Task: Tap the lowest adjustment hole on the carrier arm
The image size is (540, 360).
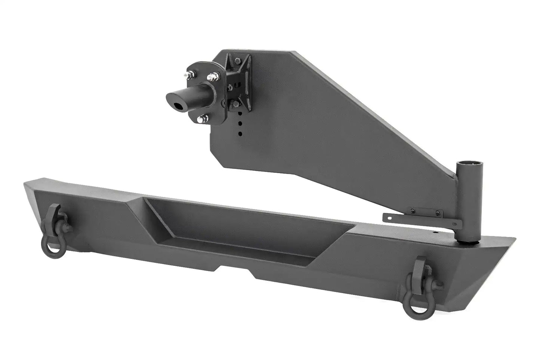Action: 240,133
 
